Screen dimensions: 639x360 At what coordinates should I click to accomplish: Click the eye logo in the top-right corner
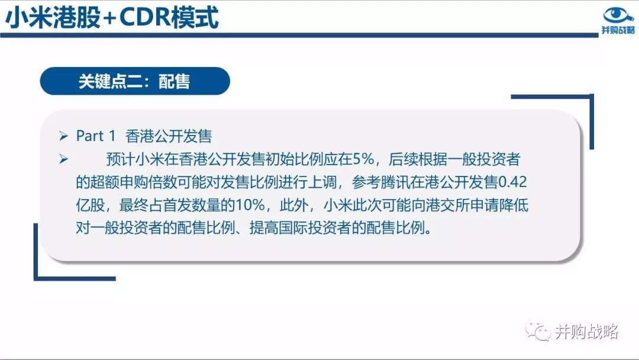618,15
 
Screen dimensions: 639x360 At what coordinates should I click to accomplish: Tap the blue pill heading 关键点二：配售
135,81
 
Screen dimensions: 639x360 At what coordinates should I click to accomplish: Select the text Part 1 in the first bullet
96,136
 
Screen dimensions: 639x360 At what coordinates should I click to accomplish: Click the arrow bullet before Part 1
63,136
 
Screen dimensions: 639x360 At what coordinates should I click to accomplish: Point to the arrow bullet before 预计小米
63,159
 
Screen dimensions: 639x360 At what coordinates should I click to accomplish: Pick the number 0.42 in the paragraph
512,182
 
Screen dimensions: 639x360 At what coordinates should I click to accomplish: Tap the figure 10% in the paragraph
250,205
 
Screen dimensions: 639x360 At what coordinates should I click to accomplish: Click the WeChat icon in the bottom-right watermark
537,330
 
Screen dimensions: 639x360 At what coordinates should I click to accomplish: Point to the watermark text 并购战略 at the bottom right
587,332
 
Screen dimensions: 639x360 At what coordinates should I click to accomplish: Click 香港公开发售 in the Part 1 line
169,136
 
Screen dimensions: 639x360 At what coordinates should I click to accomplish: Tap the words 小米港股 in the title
53,18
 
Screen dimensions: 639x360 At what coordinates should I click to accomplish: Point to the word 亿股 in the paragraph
91,205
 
